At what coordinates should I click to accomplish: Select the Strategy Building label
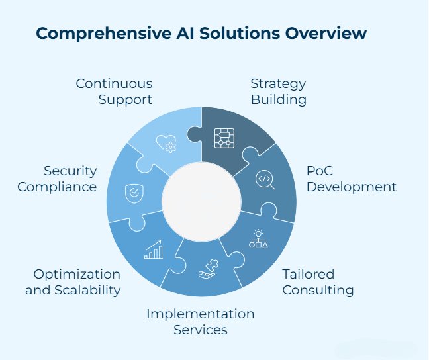click(x=278, y=92)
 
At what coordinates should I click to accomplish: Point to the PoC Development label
click(x=352, y=179)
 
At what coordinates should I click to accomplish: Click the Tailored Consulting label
click(x=318, y=282)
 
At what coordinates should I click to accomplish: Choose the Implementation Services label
click(x=201, y=321)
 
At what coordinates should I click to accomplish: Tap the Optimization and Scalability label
click(x=73, y=282)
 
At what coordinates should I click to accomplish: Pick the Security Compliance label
click(x=57, y=179)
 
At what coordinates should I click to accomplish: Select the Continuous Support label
click(x=114, y=92)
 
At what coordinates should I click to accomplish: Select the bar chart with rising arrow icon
click(x=154, y=249)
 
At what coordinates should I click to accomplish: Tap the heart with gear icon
click(x=166, y=143)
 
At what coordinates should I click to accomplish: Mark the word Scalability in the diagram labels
click(x=88, y=290)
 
